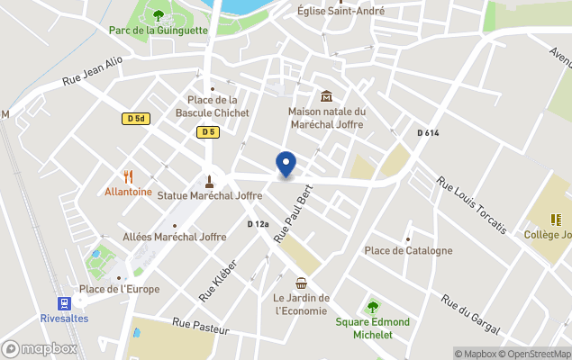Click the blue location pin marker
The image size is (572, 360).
[286, 164]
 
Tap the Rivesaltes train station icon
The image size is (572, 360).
[64, 303]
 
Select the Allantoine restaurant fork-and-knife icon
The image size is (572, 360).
[128, 176]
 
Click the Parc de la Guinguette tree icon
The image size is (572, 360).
[159, 14]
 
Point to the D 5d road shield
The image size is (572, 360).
[135, 118]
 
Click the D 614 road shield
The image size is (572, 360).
[428, 133]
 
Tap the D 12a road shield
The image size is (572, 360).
[259, 224]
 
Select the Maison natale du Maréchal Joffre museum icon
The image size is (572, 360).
[325, 96]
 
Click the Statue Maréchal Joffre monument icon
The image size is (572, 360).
[209, 179]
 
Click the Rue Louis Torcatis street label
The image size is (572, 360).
[469, 205]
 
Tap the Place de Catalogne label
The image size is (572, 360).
[408, 250]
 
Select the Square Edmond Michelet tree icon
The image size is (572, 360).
[372, 307]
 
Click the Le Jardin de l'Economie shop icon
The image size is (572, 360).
[301, 283]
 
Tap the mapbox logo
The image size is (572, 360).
[40, 348]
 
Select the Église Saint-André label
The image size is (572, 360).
[340, 11]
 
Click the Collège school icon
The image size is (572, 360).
[558, 219]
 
